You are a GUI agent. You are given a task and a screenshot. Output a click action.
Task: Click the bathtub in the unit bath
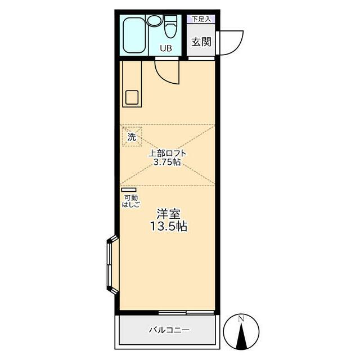coord(134,35)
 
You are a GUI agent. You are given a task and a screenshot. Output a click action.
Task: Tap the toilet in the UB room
coord(170,26)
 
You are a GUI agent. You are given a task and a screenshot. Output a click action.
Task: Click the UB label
coord(166,48)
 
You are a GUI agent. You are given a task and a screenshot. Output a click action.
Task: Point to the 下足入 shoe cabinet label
coord(201,19)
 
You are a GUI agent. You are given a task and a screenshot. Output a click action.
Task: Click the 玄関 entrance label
coord(201,42)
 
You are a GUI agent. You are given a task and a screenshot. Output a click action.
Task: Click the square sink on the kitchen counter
coord(132,97)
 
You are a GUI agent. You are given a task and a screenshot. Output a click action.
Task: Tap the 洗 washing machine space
coord(132,137)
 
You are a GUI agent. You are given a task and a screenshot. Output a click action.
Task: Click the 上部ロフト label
coord(167,154)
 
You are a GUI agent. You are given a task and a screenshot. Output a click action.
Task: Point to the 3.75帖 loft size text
coord(166,162)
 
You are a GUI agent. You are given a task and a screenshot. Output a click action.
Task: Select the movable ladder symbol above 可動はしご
coord(129,190)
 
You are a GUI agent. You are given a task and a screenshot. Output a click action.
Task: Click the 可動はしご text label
coord(131,201)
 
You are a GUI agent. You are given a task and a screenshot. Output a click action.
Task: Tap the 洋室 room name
coord(169,214)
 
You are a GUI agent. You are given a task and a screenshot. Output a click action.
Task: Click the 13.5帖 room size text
coord(169,226)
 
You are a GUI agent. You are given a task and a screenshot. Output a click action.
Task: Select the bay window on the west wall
coord(112,264)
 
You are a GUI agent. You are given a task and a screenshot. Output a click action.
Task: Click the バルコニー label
coord(169,330)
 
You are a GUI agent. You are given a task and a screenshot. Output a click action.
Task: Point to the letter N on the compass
coord(241,318)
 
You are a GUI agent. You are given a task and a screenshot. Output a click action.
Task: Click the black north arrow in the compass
coord(241,336)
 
